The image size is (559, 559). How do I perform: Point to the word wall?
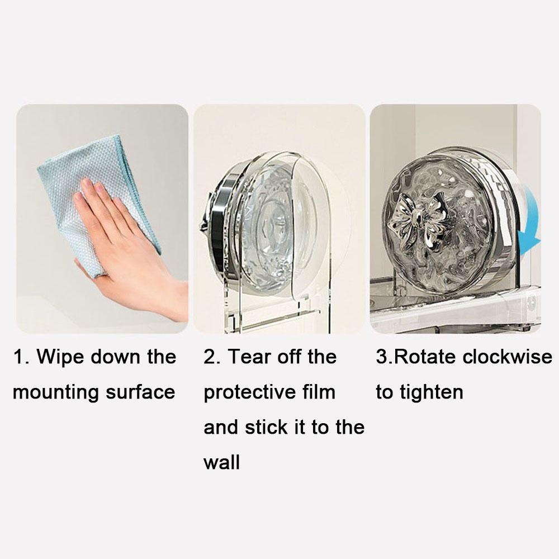221,463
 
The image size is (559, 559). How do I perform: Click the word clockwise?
507,357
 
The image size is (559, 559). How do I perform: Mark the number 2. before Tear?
212,357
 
